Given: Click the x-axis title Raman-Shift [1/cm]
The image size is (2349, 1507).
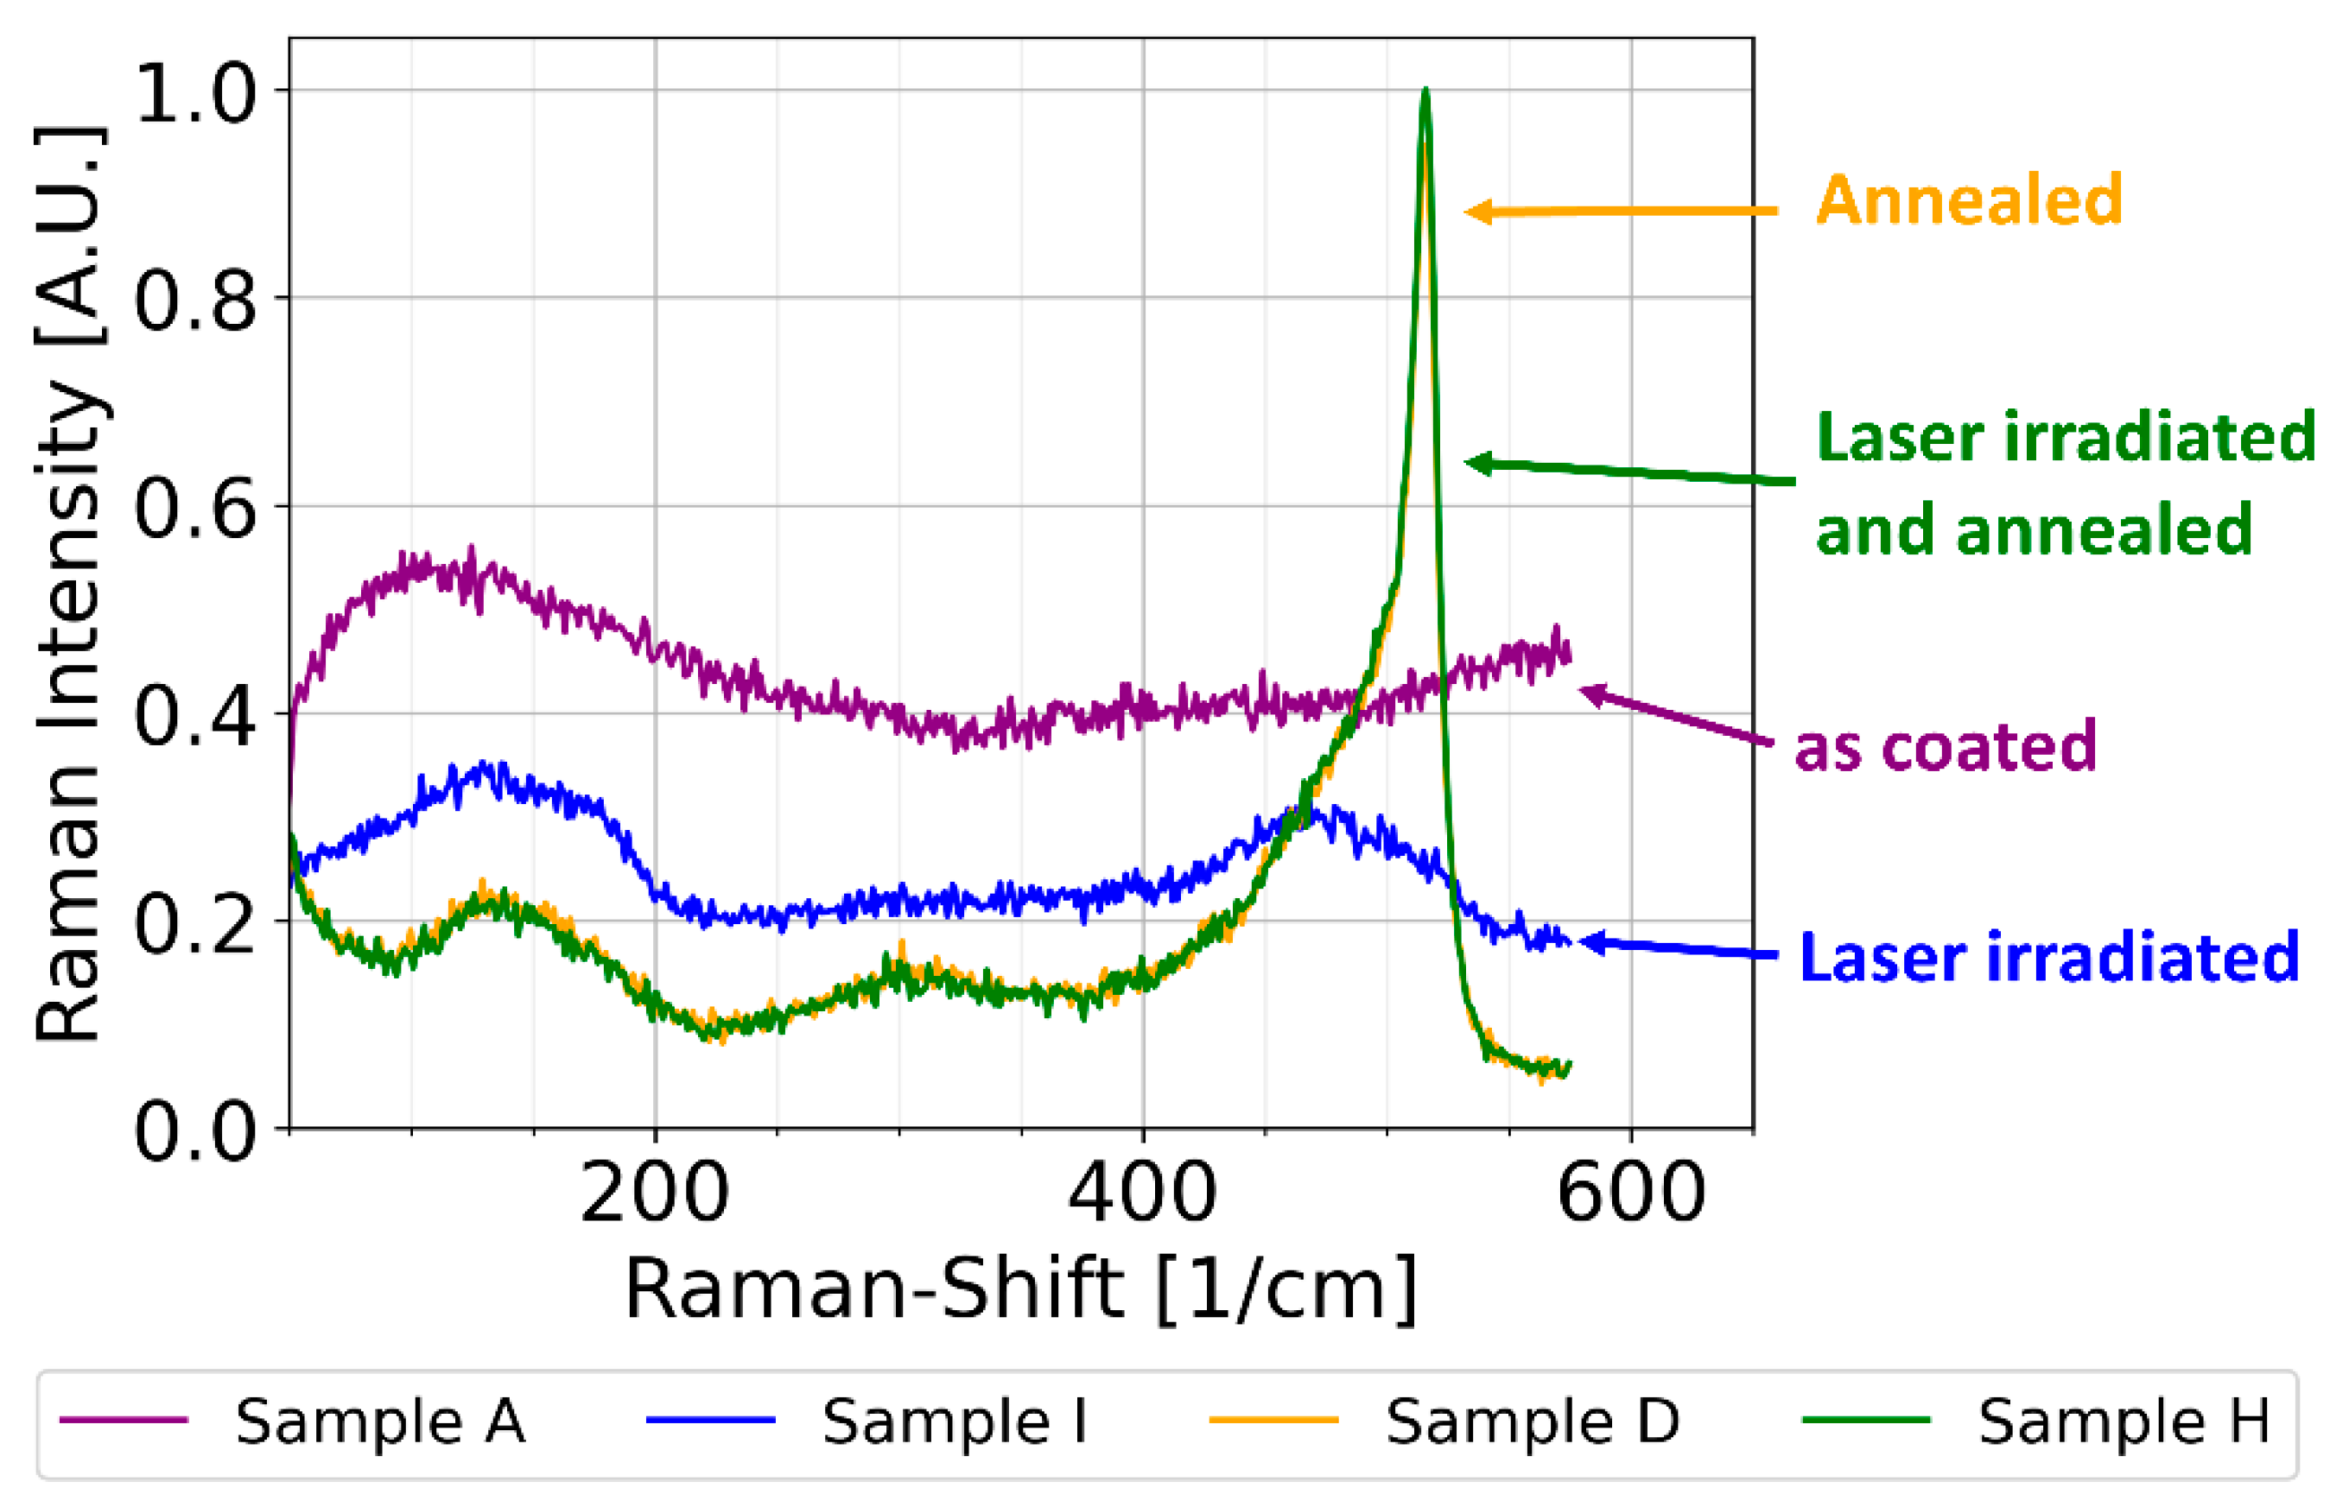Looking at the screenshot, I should (x=1021, y=1289).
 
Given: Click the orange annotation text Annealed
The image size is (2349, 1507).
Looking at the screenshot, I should (x=1968, y=200).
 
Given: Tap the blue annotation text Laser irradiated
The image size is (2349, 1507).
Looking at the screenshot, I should (x=2048, y=957).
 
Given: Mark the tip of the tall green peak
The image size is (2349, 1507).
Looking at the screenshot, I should (x=1425, y=90).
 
